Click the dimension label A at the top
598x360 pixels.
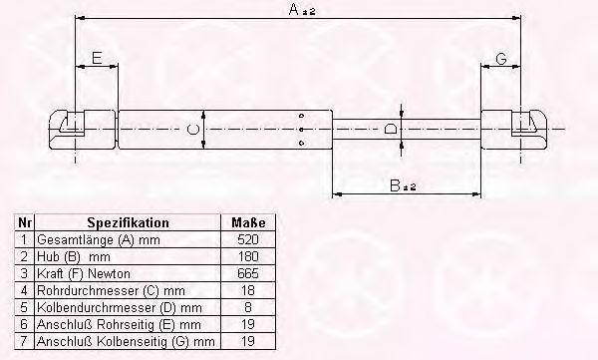[x=294, y=9]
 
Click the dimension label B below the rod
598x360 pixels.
[x=396, y=185]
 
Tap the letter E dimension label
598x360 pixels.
[x=97, y=58]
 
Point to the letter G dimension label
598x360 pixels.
[x=501, y=59]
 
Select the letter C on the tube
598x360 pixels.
[x=193, y=129]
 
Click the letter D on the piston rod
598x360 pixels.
[x=390, y=129]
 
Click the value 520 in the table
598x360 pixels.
[x=248, y=239]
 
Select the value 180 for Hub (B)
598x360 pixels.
[x=248, y=256]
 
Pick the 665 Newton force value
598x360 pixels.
[x=248, y=273]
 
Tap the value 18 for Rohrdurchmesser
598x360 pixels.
[x=248, y=290]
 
